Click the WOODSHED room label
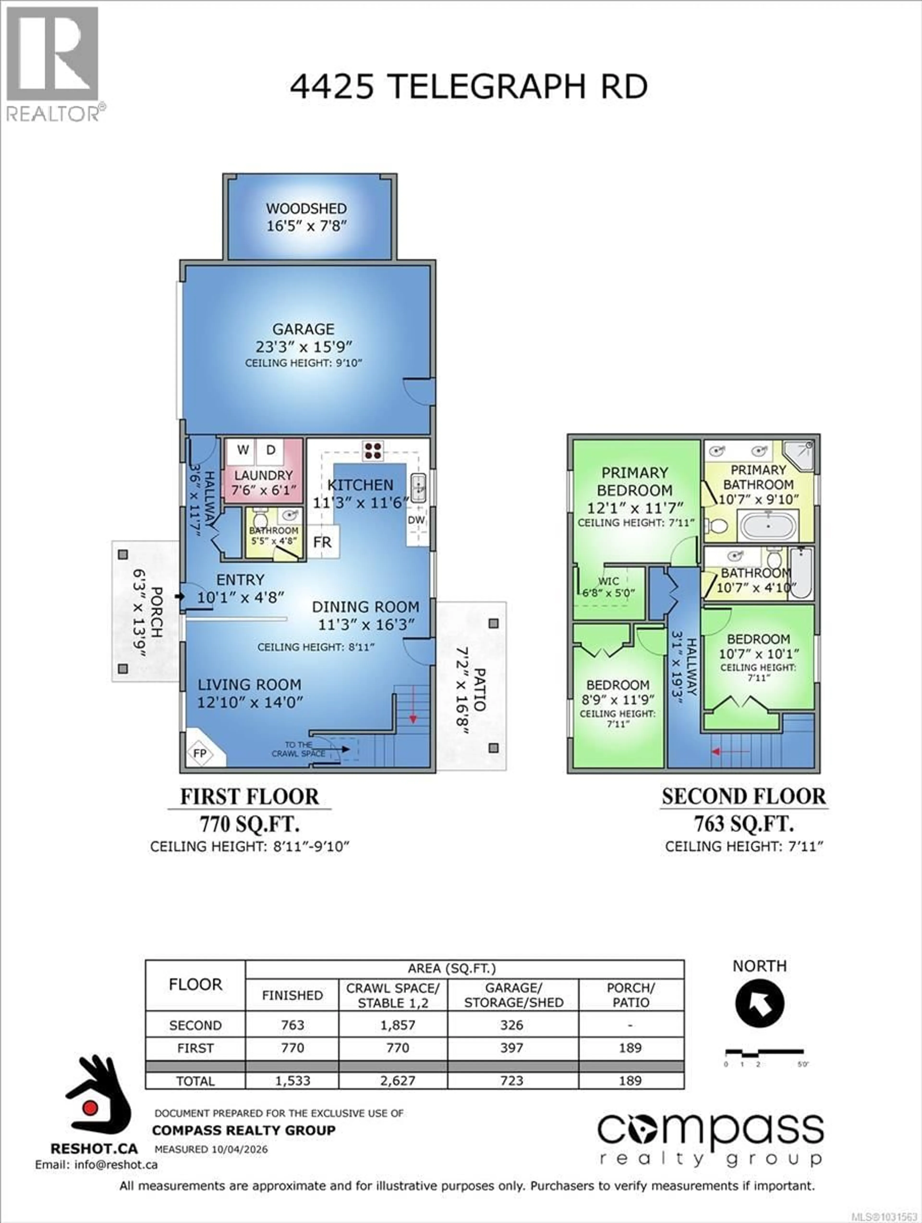[x=306, y=208]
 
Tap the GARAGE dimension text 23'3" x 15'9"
[x=303, y=347]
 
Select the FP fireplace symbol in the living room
[x=200, y=753]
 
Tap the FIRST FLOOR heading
[x=249, y=797]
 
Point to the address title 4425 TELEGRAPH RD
[x=469, y=87]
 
